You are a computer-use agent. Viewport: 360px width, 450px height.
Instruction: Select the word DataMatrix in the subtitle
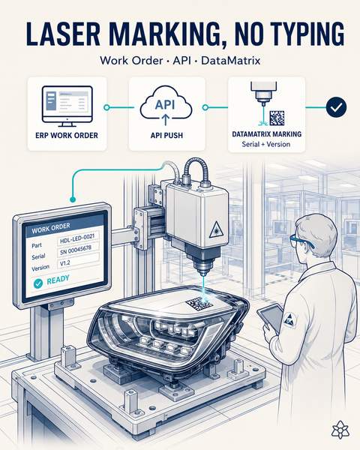pyautogui.click(x=230, y=61)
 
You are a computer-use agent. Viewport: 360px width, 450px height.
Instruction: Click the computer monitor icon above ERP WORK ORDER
pyautogui.click(x=67, y=106)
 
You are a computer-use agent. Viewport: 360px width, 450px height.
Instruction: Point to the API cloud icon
pyautogui.click(x=166, y=106)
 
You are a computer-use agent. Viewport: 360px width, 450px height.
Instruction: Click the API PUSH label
pyautogui.click(x=166, y=135)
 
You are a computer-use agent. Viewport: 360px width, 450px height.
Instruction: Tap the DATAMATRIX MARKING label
pyautogui.click(x=267, y=134)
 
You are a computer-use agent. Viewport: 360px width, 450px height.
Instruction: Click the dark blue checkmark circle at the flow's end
pyautogui.click(x=336, y=107)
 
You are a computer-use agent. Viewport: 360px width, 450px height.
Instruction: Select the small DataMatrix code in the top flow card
pyautogui.click(x=277, y=118)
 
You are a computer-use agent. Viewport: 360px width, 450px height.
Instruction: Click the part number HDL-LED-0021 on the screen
pyautogui.click(x=78, y=238)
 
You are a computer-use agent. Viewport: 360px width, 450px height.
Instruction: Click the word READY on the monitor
pyautogui.click(x=58, y=279)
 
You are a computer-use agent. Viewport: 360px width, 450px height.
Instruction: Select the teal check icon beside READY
pyautogui.click(x=38, y=283)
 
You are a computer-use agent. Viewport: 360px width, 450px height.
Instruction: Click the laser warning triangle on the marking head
pyautogui.click(x=214, y=230)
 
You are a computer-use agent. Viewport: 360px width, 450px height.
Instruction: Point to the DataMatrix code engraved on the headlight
pyautogui.click(x=199, y=305)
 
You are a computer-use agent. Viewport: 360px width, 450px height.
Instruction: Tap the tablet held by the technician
pyautogui.click(x=270, y=316)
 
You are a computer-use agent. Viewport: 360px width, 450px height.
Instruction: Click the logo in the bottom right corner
pyautogui.click(x=340, y=429)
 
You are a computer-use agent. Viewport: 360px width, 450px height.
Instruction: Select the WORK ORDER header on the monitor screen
pyautogui.click(x=51, y=228)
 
